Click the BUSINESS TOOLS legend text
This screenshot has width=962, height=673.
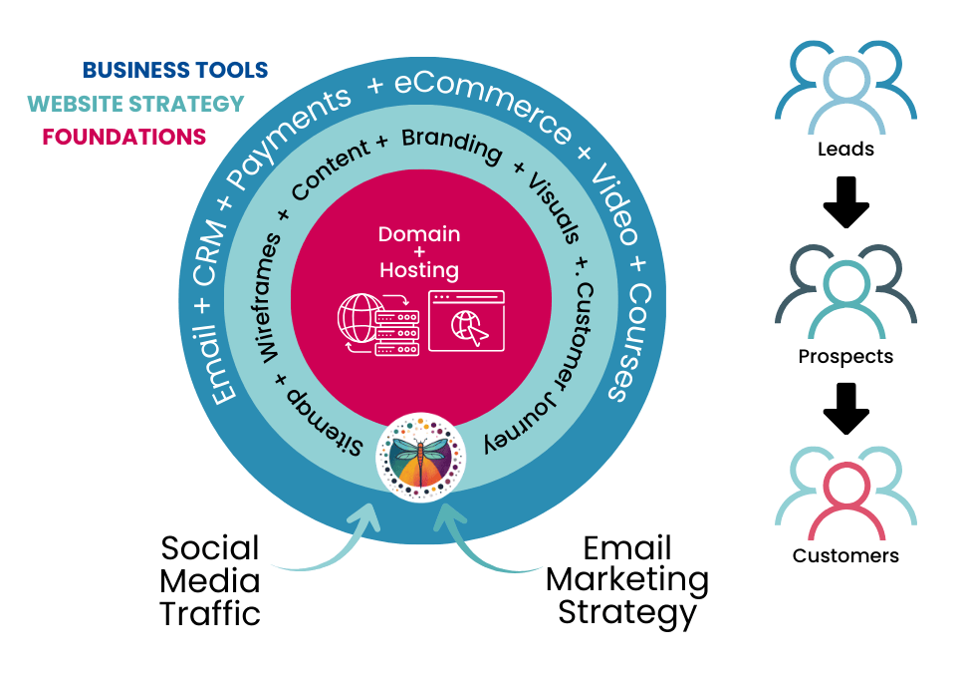174,70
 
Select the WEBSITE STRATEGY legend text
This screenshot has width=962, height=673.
135,104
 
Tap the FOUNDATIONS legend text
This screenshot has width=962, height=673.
123,137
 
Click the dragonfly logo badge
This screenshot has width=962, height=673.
420,455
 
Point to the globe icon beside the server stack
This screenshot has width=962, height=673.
359,316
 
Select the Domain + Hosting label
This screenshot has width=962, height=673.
419,252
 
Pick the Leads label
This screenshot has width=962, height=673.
845,150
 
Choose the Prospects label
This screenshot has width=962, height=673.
845,356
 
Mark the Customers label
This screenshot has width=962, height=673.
845,555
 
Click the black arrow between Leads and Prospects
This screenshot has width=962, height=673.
845,199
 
